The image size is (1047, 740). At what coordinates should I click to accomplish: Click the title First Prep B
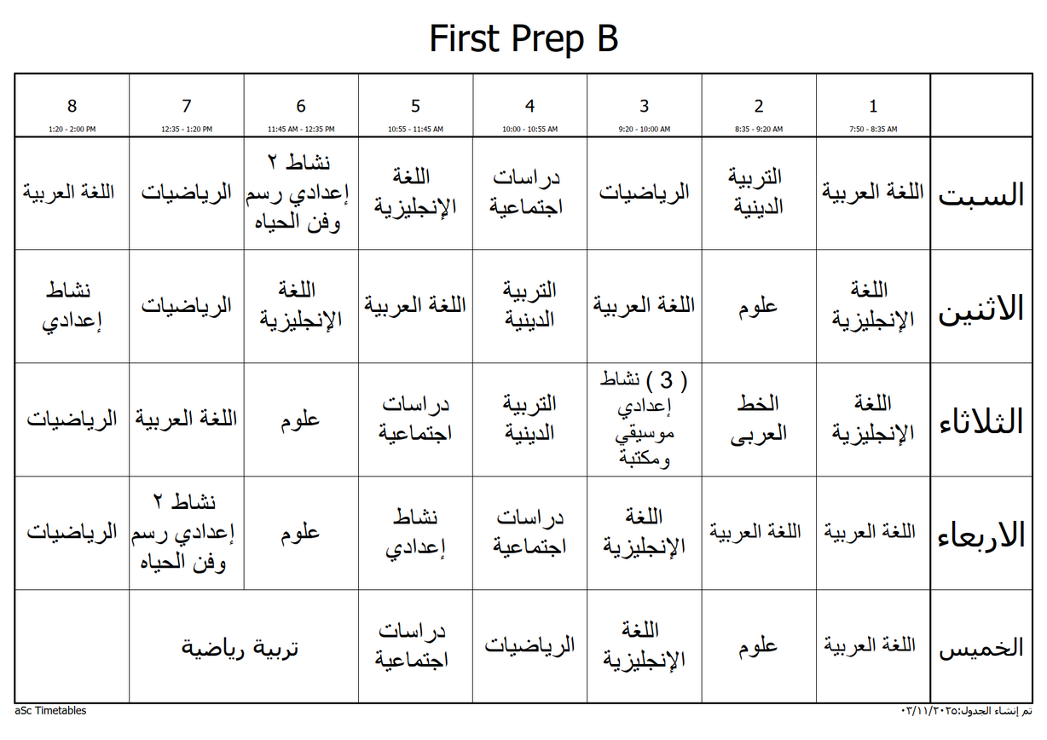(x=523, y=39)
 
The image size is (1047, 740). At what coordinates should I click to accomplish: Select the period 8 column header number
(x=72, y=107)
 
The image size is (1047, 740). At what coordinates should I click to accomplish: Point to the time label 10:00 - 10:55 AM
(x=529, y=130)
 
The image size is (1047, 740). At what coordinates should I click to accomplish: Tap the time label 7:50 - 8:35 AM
(x=872, y=130)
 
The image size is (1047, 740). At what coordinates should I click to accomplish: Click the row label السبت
(x=980, y=194)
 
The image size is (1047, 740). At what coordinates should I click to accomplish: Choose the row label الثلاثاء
(x=980, y=421)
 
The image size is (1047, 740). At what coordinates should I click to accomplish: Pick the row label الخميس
(x=980, y=648)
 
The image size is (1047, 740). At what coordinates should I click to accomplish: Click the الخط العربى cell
(x=759, y=419)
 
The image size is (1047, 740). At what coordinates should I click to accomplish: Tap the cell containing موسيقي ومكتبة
(x=644, y=419)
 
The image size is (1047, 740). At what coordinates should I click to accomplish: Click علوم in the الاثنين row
(x=759, y=305)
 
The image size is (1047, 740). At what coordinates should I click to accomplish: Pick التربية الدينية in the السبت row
(x=759, y=192)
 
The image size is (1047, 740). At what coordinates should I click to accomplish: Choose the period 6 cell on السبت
(x=300, y=193)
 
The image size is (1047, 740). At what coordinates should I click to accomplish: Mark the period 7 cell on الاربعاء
(x=186, y=532)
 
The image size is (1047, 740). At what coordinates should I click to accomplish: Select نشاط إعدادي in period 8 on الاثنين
(x=72, y=305)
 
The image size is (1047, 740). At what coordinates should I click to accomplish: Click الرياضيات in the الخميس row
(x=529, y=645)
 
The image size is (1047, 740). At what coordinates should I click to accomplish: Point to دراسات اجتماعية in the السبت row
(x=529, y=193)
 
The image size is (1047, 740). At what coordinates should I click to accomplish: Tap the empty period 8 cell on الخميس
(x=72, y=646)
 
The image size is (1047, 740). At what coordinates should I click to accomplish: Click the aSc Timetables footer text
(x=50, y=710)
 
